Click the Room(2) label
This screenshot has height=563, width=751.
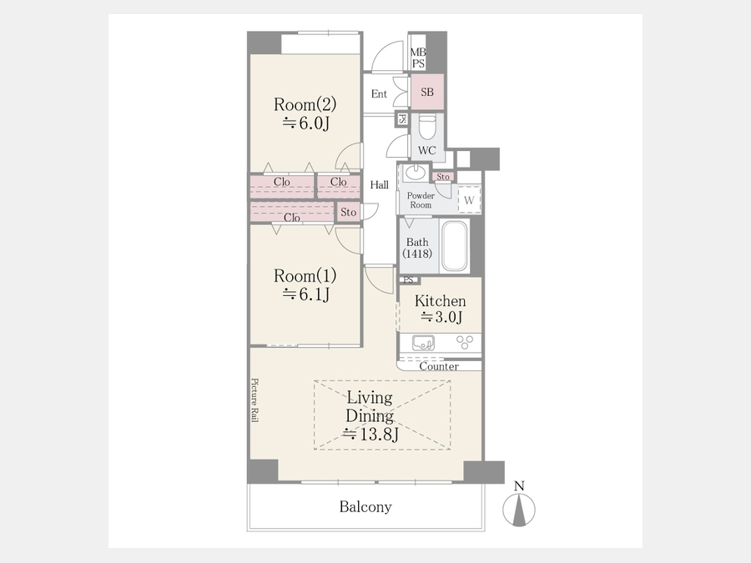(x=305, y=104)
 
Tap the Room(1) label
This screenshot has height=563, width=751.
(x=305, y=276)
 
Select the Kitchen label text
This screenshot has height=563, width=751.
(x=440, y=301)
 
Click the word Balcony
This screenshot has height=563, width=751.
(x=365, y=506)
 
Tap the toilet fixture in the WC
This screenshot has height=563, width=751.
(x=427, y=127)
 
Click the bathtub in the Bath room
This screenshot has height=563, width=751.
(x=454, y=246)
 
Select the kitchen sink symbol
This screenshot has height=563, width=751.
(x=423, y=343)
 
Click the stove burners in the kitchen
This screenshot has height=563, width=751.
(x=465, y=342)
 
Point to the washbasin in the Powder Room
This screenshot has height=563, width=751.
(x=415, y=173)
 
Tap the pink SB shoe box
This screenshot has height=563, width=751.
(x=427, y=92)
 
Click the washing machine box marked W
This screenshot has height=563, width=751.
(x=469, y=199)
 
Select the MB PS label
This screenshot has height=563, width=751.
(x=418, y=58)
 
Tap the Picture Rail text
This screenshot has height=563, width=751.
(x=255, y=400)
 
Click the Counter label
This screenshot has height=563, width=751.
(x=439, y=366)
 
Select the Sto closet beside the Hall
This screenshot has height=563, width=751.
(x=348, y=212)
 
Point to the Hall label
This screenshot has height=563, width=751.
(x=380, y=185)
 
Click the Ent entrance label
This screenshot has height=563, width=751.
(x=379, y=93)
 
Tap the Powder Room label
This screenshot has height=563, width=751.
(x=421, y=200)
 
